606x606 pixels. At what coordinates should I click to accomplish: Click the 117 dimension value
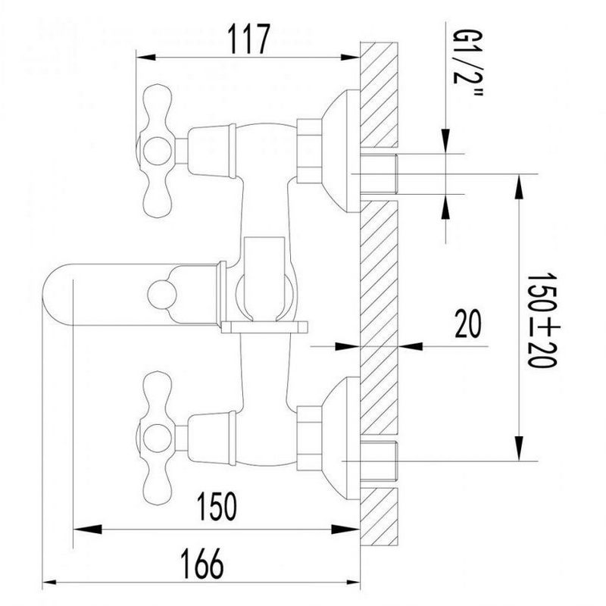coord(248,39)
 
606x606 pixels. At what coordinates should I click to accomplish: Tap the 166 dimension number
coord(202,563)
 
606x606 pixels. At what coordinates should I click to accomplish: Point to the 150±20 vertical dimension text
coord(542,320)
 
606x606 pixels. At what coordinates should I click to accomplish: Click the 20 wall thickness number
coord(468,323)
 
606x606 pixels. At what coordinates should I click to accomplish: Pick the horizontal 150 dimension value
coord(217,505)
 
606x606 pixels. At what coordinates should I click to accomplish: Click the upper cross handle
coord(157,151)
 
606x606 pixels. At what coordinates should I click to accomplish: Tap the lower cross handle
coord(157,439)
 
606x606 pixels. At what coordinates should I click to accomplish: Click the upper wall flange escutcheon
coord(341,151)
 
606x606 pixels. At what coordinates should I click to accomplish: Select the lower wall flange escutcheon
coord(341,439)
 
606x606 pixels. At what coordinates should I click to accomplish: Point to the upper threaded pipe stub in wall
coord(379,173)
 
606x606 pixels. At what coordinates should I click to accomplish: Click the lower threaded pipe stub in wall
coord(379,461)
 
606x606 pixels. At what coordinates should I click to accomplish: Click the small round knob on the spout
coord(162,295)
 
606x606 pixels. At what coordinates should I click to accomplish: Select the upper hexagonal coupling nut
coord(309,151)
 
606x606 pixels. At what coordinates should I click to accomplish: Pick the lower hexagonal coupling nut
coord(309,439)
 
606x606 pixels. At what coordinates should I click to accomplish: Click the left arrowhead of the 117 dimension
coord(145,58)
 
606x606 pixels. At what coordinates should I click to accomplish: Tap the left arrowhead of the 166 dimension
coord(52,582)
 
